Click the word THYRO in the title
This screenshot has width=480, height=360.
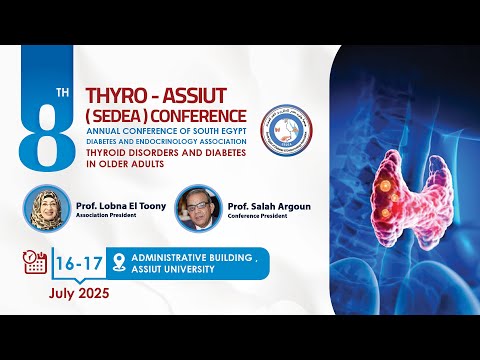pyautogui.click(x=117, y=96)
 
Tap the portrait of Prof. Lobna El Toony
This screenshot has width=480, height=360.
pyautogui.click(x=48, y=206)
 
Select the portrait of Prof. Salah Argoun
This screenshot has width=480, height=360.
pyautogui.click(x=194, y=207)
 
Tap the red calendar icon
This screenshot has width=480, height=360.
pyautogui.click(x=35, y=263)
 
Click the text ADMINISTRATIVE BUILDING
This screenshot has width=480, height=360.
pyautogui.click(x=196, y=257)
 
